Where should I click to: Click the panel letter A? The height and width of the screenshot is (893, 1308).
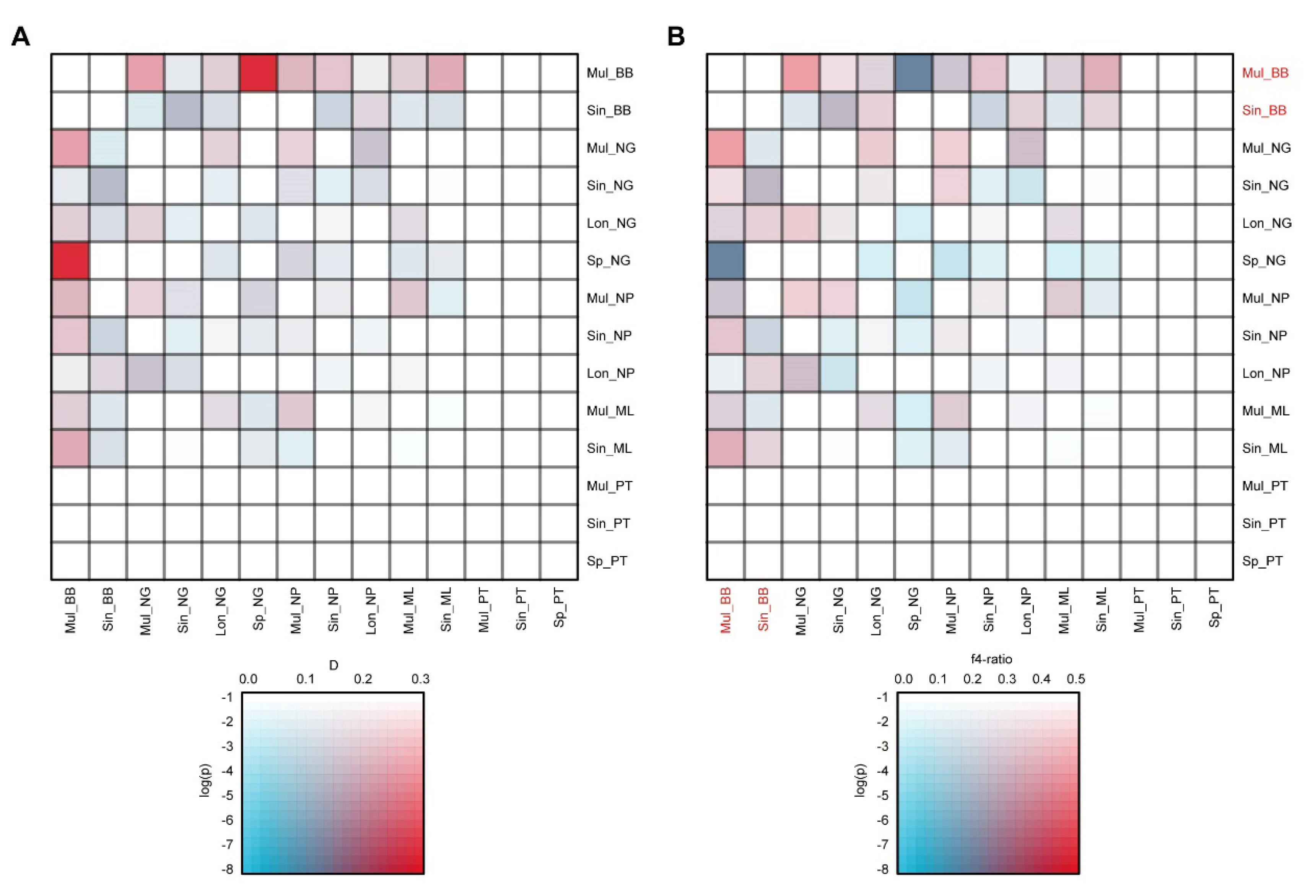20,37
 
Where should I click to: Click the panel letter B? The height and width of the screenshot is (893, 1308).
675,37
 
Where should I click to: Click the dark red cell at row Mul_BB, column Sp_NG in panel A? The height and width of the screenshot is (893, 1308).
258,73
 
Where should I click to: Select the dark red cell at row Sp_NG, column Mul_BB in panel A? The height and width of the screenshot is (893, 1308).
70,260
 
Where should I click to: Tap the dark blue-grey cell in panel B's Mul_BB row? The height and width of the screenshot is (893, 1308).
913,73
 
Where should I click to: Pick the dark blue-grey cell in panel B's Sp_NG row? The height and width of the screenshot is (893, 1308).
726,260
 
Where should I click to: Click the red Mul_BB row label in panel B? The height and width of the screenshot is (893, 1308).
1265,73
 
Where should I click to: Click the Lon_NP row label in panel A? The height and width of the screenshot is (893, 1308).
610,373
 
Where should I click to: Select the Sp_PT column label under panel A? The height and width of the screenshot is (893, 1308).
558,607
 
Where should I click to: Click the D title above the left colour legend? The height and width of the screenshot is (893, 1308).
333,665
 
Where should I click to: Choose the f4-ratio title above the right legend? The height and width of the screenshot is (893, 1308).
991,659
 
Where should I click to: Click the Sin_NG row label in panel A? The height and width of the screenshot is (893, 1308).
610,186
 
